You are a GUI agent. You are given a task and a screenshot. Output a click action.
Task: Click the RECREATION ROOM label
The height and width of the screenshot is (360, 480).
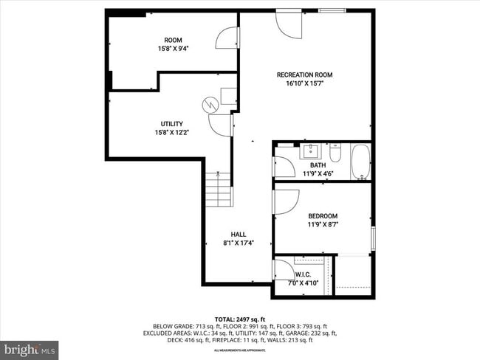(x=304, y=75)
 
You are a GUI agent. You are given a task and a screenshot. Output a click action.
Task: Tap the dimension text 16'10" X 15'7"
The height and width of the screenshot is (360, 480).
(x=304, y=84)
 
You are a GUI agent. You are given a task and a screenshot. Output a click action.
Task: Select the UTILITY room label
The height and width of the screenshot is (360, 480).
(x=172, y=124)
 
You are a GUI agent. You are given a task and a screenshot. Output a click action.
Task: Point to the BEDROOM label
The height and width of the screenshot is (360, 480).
(x=322, y=216)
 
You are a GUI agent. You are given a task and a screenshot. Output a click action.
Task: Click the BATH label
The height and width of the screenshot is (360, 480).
(x=318, y=165)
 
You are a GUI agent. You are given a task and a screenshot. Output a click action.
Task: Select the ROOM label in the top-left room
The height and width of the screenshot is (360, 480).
(x=173, y=40)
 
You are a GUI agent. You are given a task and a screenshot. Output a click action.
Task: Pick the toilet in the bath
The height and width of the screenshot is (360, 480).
(x=335, y=153)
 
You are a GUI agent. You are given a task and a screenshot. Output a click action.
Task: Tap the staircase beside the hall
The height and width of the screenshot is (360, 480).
(x=219, y=189)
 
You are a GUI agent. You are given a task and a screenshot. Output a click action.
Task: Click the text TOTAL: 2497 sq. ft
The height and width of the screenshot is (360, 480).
(x=239, y=318)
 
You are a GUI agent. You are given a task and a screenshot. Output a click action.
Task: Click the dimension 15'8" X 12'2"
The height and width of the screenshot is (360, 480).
(x=172, y=133)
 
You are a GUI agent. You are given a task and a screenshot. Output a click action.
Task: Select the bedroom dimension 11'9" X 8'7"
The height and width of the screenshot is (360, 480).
(x=322, y=225)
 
